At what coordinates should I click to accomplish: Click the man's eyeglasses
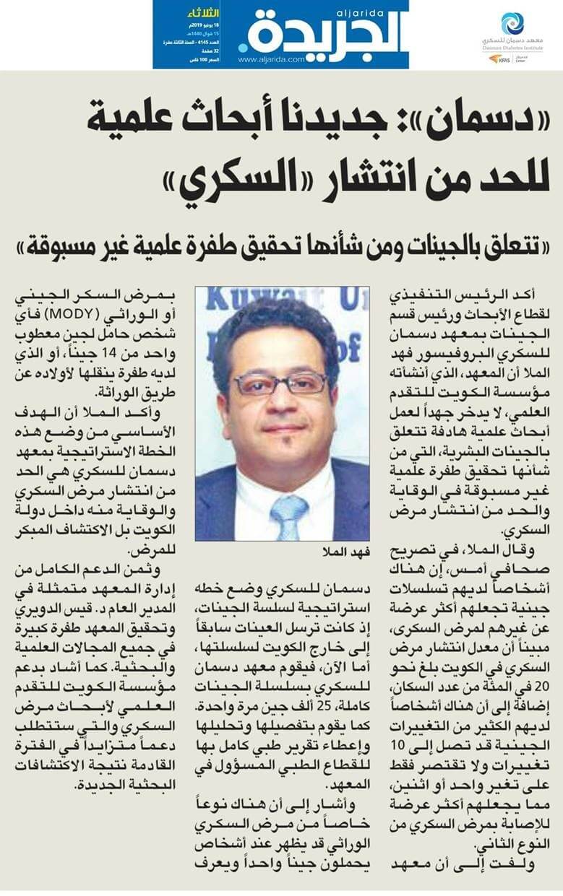tap(281, 383)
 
